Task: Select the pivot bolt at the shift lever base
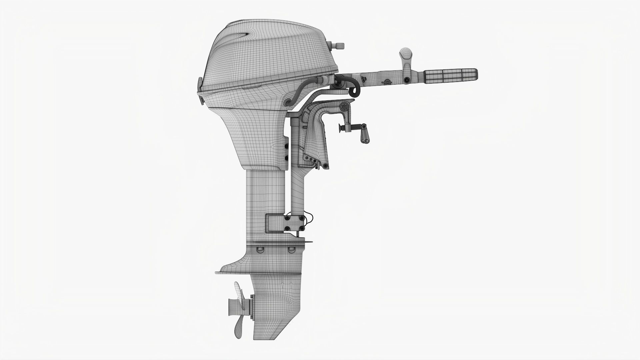tap(407, 80)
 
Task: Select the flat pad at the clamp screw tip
tap(341, 128)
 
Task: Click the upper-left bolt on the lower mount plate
tap(286, 218)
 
